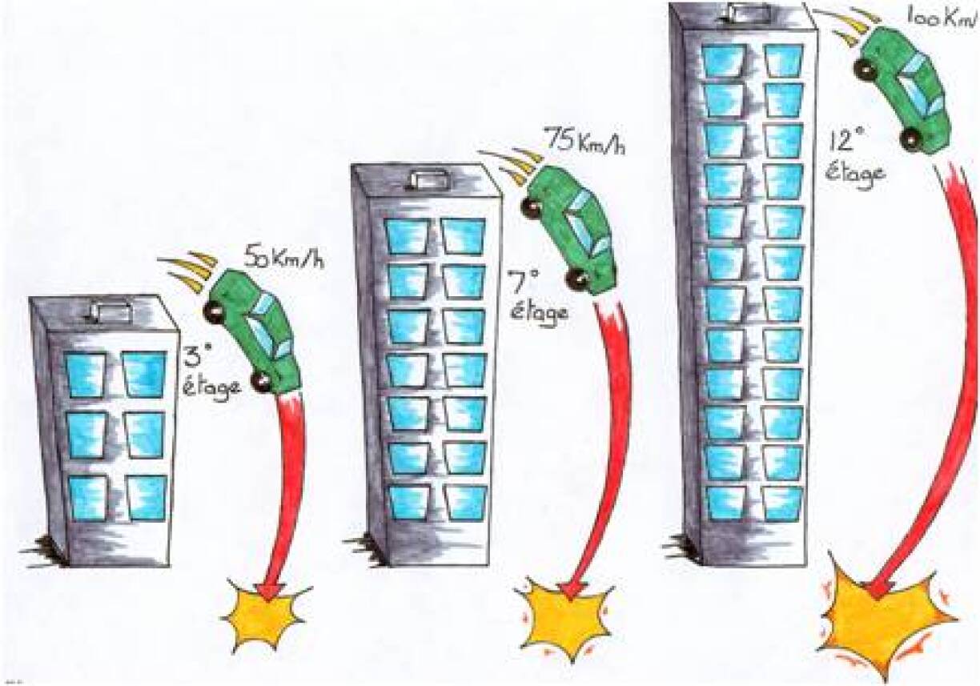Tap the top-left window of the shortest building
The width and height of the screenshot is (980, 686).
click(x=86, y=375)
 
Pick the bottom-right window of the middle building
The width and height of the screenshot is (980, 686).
click(x=464, y=500)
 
